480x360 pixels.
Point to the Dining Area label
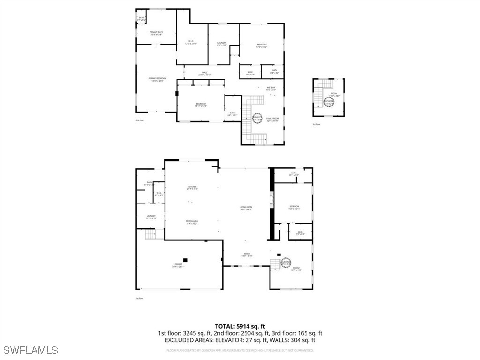pyautogui.click(x=192, y=222)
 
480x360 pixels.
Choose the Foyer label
pyautogui.click(x=247, y=255)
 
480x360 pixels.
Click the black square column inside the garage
pyautogui.click(x=186, y=260)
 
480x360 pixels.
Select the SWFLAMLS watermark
pyautogui.click(x=30, y=350)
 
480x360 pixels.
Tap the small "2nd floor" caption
pyautogui.click(x=140, y=120)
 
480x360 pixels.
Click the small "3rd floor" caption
pyautogui.click(x=316, y=124)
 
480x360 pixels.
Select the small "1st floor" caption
pyautogui.click(x=139, y=298)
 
